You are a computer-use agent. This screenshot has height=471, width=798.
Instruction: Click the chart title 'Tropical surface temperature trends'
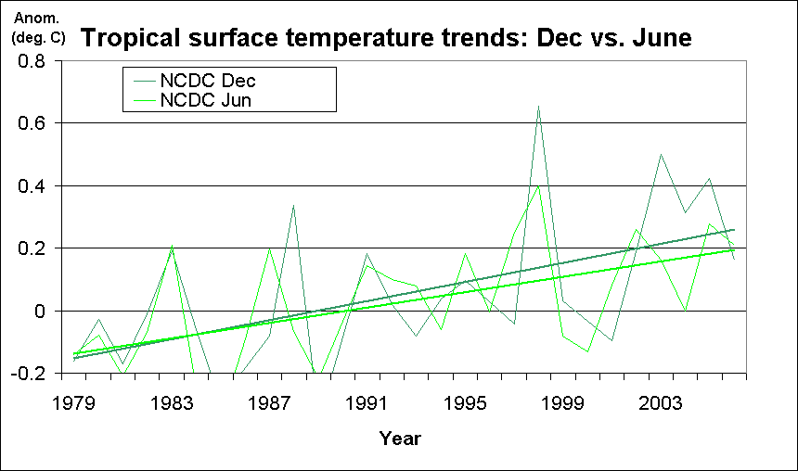pyautogui.click(x=386, y=39)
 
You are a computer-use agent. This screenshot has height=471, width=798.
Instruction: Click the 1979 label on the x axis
pyautogui.click(x=74, y=403)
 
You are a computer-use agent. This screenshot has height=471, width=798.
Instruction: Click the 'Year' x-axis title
pyautogui.click(x=400, y=439)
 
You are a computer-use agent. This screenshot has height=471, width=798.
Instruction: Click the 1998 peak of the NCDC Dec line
pyautogui.click(x=538, y=106)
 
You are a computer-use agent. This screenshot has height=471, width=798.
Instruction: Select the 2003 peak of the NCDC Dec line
pyautogui.click(x=661, y=155)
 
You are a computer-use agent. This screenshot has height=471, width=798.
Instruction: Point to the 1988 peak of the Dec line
pyautogui.click(x=293, y=205)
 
